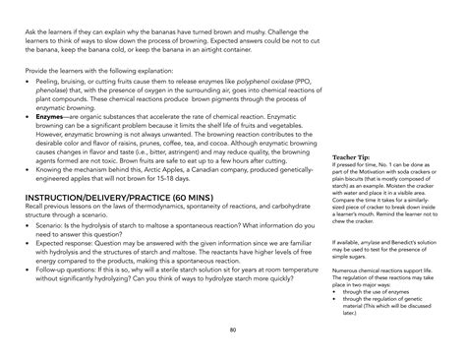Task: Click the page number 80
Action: (x=232, y=331)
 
